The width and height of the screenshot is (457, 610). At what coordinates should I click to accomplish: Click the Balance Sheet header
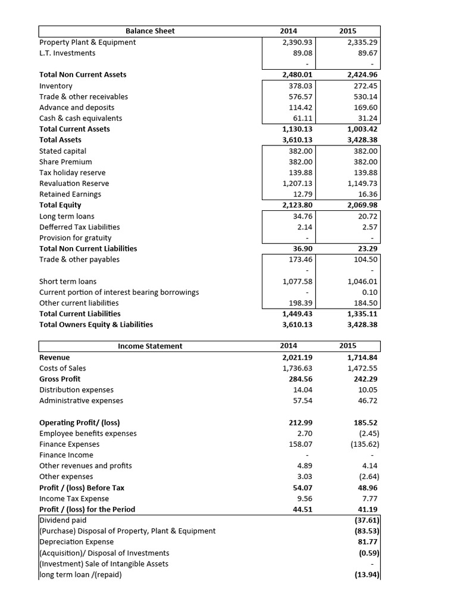click(150, 31)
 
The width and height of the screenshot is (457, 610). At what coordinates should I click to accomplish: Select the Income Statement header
click(150, 346)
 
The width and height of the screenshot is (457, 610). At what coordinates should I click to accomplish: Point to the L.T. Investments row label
click(67, 53)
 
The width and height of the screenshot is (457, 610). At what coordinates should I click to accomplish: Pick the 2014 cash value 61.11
click(301, 118)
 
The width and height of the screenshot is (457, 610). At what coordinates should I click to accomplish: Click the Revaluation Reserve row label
click(74, 183)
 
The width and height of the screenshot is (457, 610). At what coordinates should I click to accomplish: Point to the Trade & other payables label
click(79, 259)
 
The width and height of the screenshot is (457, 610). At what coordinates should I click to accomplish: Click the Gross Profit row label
click(60, 379)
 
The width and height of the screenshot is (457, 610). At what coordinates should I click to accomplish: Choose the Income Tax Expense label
click(74, 499)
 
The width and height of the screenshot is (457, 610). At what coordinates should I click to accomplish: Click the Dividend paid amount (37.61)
click(366, 520)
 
